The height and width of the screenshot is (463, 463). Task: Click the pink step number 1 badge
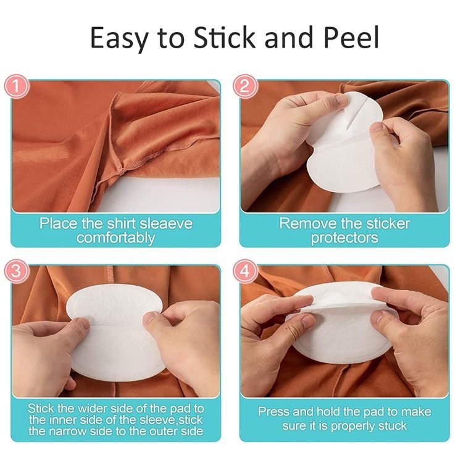(17, 86)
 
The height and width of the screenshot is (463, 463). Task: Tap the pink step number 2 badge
(245, 86)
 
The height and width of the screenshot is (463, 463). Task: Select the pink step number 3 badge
(17, 270)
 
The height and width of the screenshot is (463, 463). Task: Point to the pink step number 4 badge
(245, 270)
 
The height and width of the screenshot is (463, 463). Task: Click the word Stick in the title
(224, 38)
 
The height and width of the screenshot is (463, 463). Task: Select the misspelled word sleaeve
(166, 223)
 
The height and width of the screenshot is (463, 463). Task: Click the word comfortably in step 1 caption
(116, 238)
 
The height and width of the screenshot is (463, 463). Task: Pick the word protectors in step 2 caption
(344, 238)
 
